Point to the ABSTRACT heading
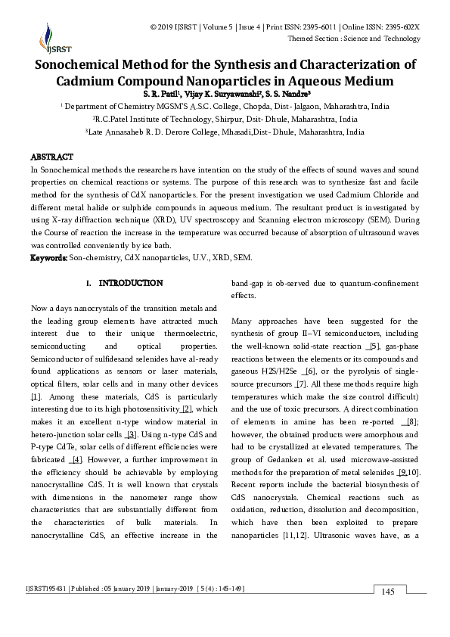point(51,157)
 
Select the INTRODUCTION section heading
point(131,283)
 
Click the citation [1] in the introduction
point(35,396)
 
